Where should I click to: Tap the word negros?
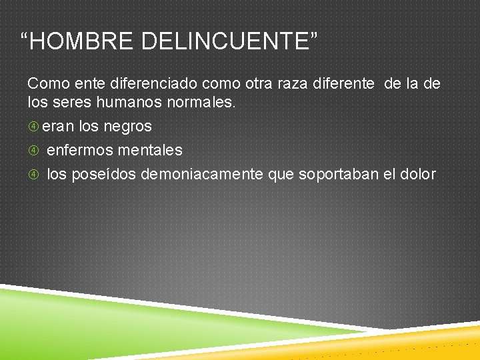[x=127, y=126]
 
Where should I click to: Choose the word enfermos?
[x=80, y=150]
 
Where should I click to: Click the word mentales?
[x=150, y=150]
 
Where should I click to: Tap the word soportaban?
[x=338, y=174]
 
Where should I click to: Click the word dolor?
[x=417, y=174]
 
